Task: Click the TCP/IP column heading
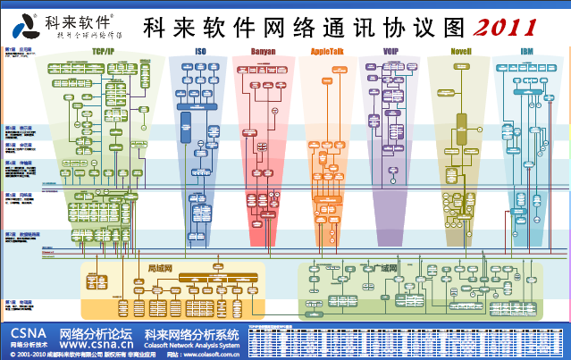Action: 102,52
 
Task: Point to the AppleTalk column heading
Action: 328,52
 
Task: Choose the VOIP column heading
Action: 391,52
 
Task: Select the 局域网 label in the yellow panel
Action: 158,266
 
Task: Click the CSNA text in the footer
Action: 26,331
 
